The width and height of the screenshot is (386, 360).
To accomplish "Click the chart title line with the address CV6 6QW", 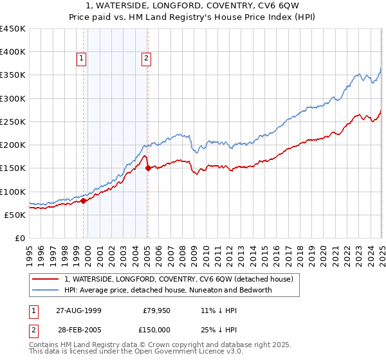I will pyautogui.click(x=193, y=6).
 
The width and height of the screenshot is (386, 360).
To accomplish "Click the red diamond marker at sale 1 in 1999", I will pyautogui.click(x=83, y=201).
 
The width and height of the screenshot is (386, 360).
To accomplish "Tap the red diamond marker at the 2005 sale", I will pyautogui.click(x=148, y=168).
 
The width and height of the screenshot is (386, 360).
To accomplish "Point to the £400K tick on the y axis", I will pyautogui.click(x=13, y=52).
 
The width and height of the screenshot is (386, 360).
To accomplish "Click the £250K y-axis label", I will pyautogui.click(x=13, y=122).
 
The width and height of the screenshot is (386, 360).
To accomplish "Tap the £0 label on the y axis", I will pyautogui.click(x=19, y=238).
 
